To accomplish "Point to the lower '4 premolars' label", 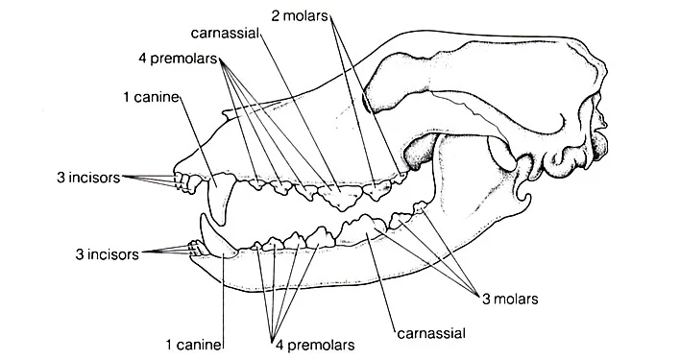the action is (x=312, y=344).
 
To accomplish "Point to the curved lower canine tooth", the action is (x=215, y=240).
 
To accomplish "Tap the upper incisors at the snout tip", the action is (x=182, y=181).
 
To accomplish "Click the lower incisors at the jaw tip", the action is (x=197, y=252).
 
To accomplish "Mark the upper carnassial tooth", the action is (x=340, y=197).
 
